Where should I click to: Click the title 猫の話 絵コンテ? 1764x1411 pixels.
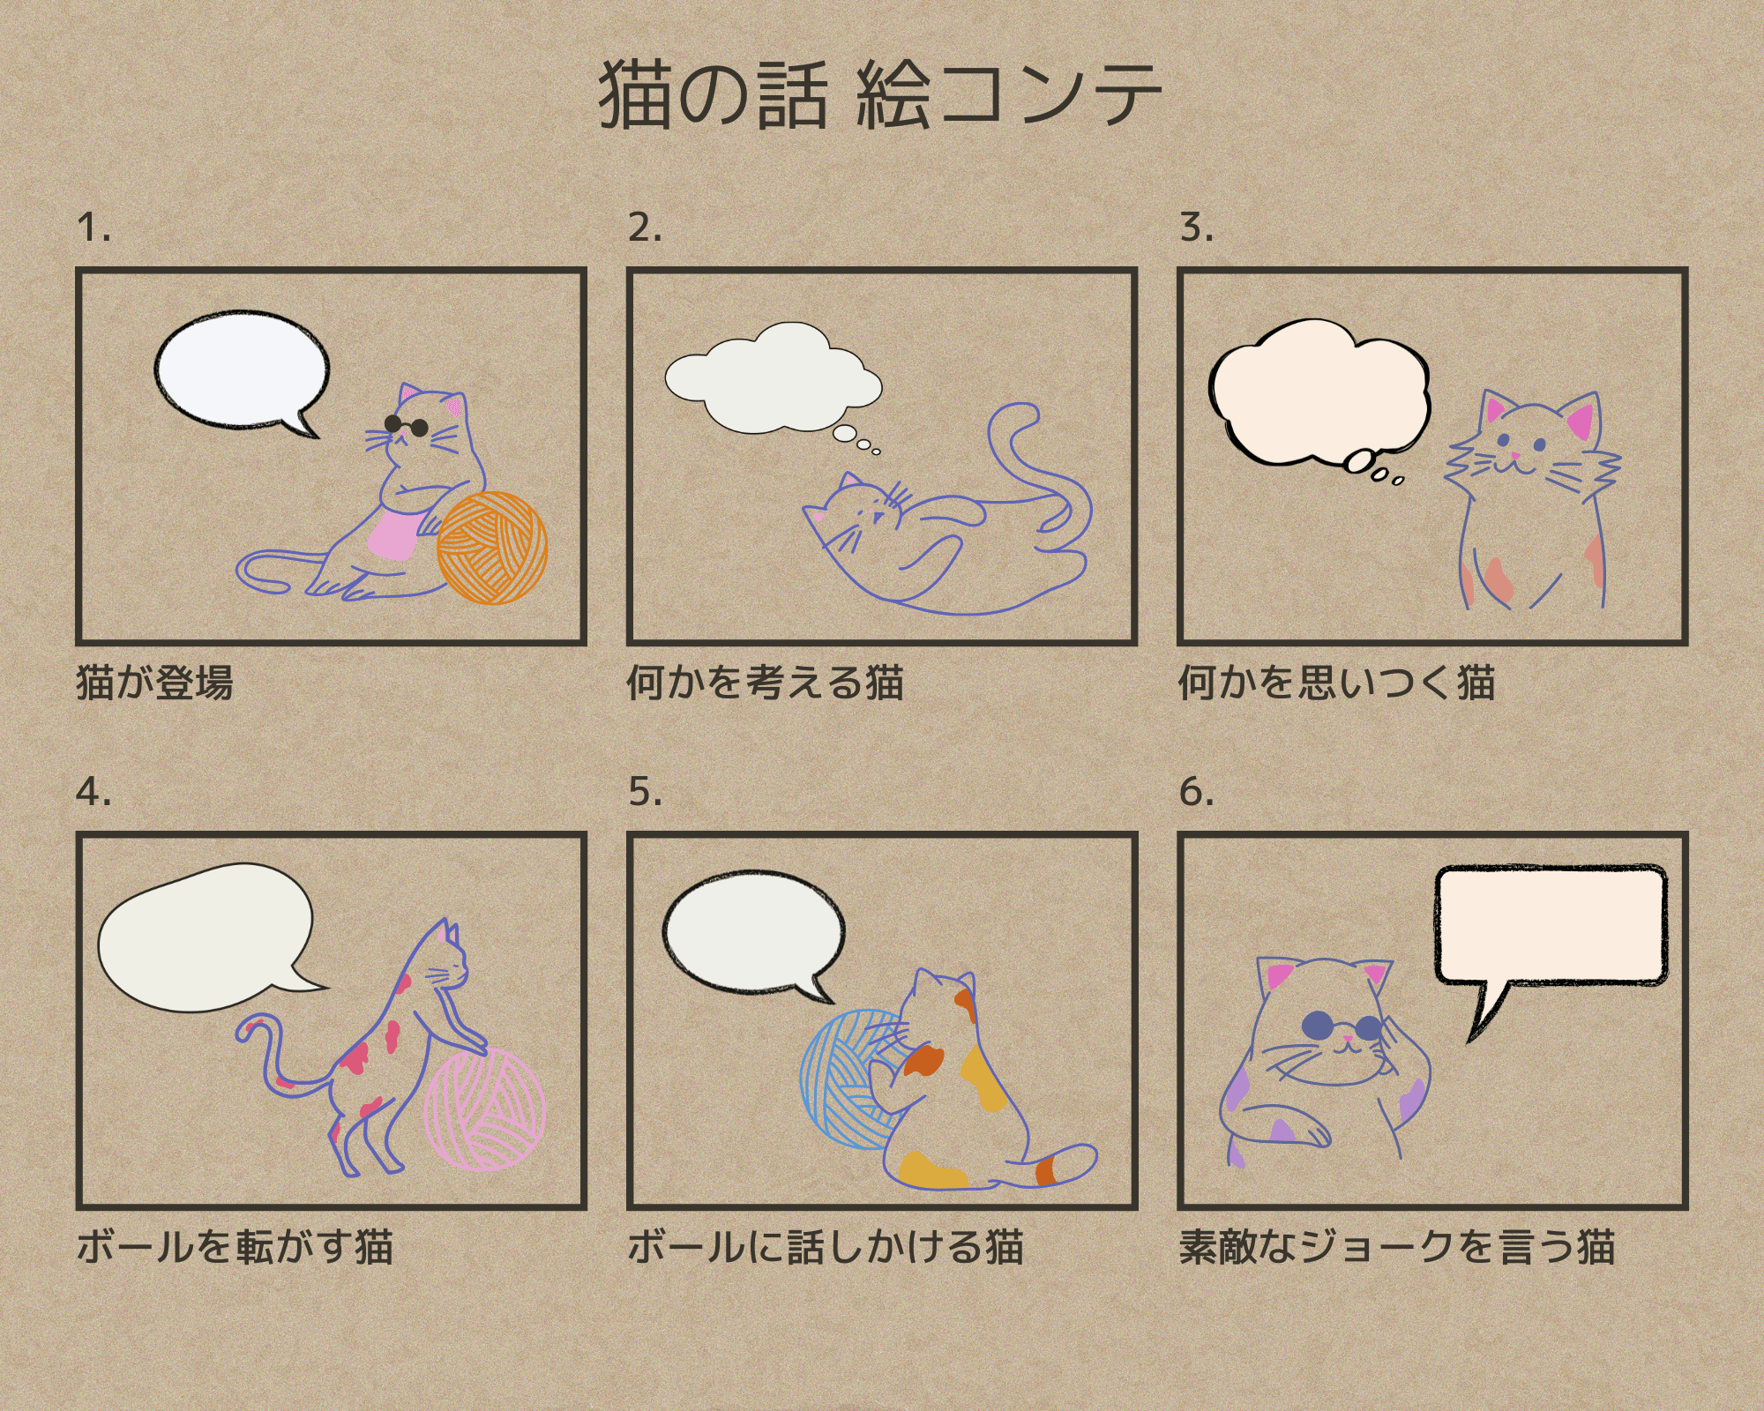click(880, 95)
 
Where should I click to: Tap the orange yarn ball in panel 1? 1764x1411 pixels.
click(492, 548)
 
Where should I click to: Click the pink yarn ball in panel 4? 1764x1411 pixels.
click(485, 1109)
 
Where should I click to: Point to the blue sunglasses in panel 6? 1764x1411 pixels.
click(1342, 1027)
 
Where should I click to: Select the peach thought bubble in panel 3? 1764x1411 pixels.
click(1319, 393)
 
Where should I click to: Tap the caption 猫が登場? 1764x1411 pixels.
click(155, 683)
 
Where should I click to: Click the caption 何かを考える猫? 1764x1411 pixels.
click(766, 683)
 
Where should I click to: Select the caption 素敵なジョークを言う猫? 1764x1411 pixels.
click(1397, 1247)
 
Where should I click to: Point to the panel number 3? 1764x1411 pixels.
click(1196, 228)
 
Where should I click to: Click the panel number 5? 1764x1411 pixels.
click(645, 792)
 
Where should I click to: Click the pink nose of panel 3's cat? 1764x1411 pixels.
click(1516, 455)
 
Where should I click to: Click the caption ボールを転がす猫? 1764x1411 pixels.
click(235, 1247)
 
